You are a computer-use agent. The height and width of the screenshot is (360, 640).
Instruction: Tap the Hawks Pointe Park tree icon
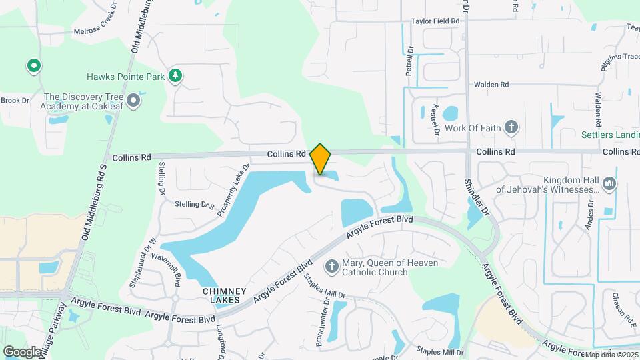(175, 76)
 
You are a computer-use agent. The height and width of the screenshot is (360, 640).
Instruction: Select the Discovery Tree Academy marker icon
(133, 101)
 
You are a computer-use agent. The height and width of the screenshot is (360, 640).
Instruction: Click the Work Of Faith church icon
(511, 127)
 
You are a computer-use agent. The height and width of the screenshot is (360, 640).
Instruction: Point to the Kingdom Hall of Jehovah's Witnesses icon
(609, 183)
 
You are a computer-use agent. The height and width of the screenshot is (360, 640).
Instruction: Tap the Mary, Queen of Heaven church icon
(331, 267)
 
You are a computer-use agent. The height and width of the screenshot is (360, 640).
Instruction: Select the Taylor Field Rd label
(435, 21)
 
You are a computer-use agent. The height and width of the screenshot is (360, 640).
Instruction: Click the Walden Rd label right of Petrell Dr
(491, 85)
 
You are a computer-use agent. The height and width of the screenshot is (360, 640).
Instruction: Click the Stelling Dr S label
(196, 205)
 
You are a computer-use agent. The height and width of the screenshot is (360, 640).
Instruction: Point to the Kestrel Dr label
(435, 119)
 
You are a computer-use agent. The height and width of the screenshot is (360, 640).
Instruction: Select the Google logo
(22, 351)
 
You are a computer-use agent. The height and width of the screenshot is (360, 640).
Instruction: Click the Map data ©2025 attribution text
(610, 354)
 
